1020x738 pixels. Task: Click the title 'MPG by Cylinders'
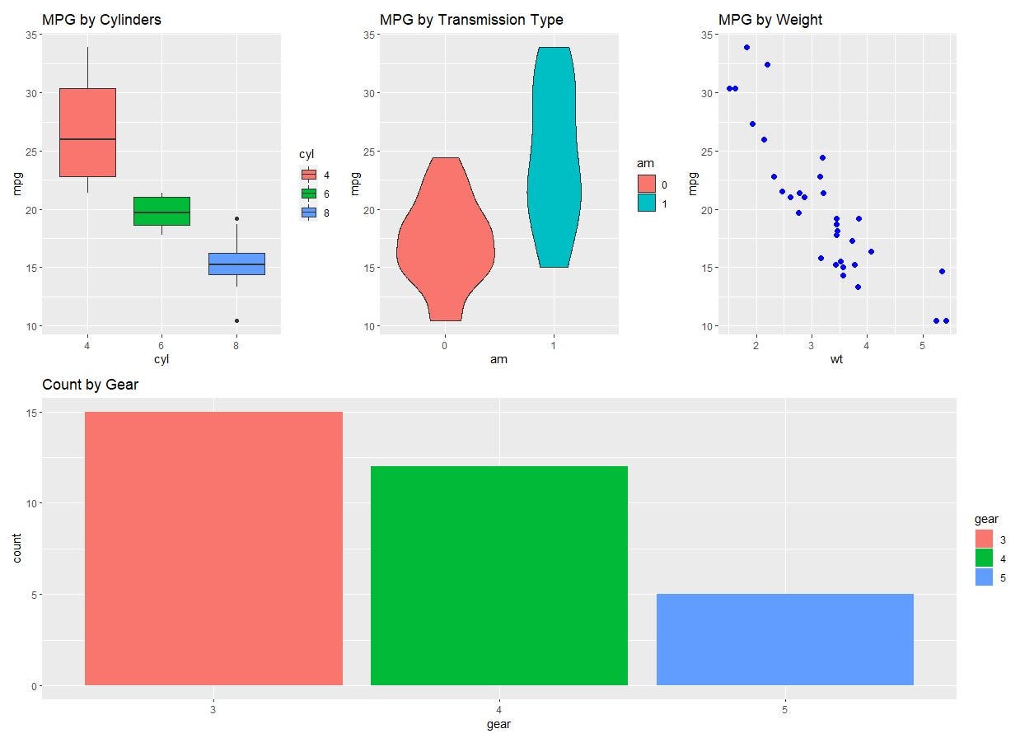pyautogui.click(x=101, y=20)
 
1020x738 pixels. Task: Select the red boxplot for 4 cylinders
pyautogui.click(x=87, y=132)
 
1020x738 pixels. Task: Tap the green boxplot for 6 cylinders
pyautogui.click(x=161, y=211)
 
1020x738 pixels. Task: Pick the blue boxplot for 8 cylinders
pyautogui.click(x=236, y=264)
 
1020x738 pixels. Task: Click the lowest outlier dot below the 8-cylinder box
pyautogui.click(x=236, y=320)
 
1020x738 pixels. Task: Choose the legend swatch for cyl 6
pyautogui.click(x=309, y=194)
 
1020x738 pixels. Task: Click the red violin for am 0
pyautogui.click(x=445, y=247)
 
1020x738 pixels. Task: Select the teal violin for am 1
pyautogui.click(x=554, y=165)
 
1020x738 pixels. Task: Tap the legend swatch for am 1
pyautogui.click(x=647, y=203)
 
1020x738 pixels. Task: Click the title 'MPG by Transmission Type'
pyautogui.click(x=471, y=20)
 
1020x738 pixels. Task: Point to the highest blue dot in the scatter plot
pyautogui.click(x=746, y=47)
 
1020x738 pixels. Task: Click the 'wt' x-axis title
pyautogui.click(x=835, y=359)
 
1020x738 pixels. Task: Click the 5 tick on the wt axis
pyautogui.click(x=922, y=344)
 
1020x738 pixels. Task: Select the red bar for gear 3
pyautogui.click(x=213, y=549)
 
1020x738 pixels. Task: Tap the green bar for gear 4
pyautogui.click(x=499, y=576)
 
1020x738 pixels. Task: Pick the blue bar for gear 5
pyautogui.click(x=785, y=639)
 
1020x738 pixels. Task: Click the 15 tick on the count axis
pyautogui.click(x=30, y=412)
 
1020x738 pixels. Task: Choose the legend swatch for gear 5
pyautogui.click(x=984, y=577)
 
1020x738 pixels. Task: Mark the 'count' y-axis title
pyautogui.click(x=18, y=549)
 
